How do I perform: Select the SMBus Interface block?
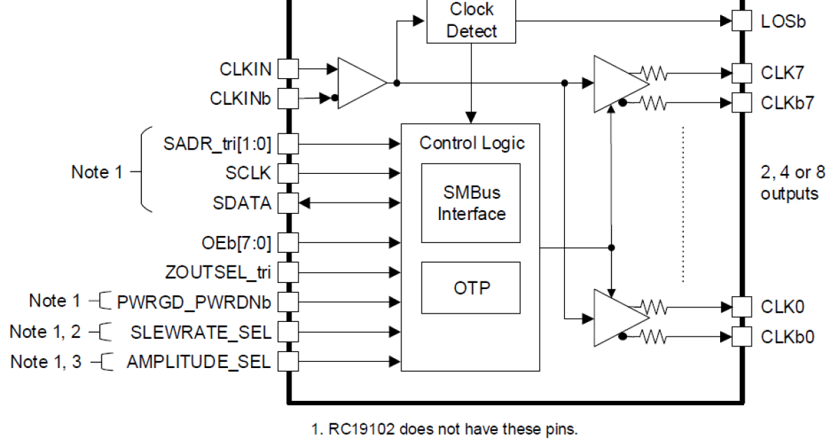coord(471,203)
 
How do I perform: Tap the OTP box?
coord(471,287)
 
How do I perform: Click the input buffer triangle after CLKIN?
coord(360,82)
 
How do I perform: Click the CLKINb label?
coord(240,98)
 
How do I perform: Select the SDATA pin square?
coord(288,203)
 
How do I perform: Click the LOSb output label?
coord(783,21)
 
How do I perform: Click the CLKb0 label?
coord(787,337)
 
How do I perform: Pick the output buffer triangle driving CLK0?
coord(619,318)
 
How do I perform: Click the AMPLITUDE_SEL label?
coord(199,362)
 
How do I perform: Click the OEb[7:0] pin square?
coord(288,242)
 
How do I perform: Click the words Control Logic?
coord(471,143)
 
